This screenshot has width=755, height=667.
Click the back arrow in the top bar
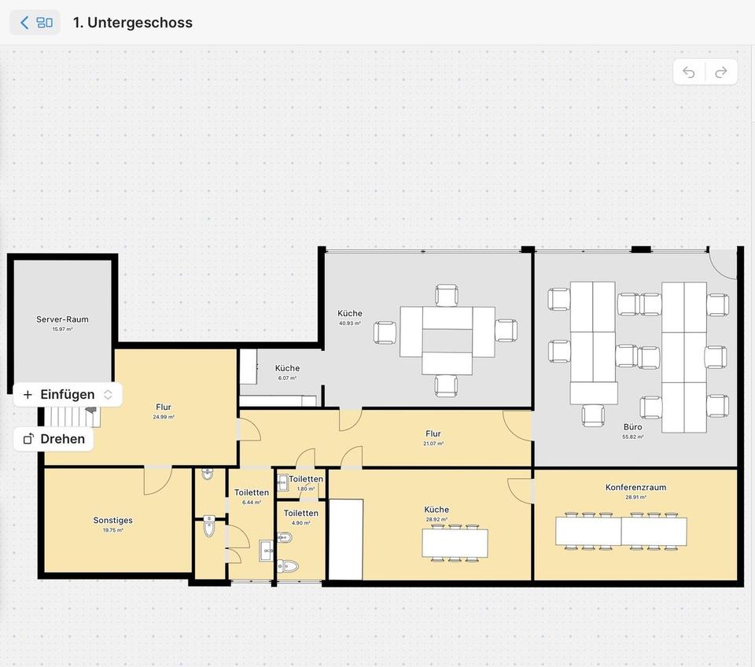point(24,23)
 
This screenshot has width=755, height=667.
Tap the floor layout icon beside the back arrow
point(45,23)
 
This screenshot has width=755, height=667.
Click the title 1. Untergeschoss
point(132,23)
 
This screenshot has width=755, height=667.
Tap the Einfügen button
point(68,395)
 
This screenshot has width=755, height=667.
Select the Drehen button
point(53,439)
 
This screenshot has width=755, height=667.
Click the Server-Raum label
point(62,319)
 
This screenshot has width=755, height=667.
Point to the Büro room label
point(632,427)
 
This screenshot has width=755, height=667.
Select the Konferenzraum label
point(635,488)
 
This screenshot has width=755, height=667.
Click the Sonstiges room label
point(112,520)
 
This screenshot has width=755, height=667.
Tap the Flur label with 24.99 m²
point(164,407)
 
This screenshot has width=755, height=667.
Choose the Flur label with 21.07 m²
point(433,433)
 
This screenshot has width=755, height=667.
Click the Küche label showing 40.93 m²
point(350,314)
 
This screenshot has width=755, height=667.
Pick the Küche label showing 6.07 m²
point(287,368)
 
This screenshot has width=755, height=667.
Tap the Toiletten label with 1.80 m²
point(305,479)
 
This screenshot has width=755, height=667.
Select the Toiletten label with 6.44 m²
point(252,493)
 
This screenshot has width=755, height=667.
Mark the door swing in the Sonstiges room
point(157,481)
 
